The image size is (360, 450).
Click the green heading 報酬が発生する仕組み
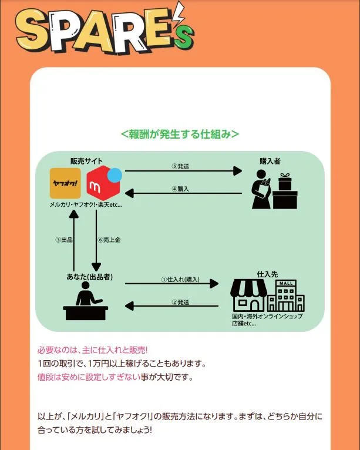click(180, 134)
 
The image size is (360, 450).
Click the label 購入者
click(271, 160)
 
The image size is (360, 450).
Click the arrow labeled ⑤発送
click(183, 172)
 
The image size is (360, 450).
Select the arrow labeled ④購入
click(183, 193)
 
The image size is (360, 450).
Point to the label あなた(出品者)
click(88, 277)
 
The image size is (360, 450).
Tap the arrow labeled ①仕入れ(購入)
click(171, 284)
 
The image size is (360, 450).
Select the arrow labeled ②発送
click(171, 305)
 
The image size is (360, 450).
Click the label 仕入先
click(267, 274)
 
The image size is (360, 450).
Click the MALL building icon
click(286, 295)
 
